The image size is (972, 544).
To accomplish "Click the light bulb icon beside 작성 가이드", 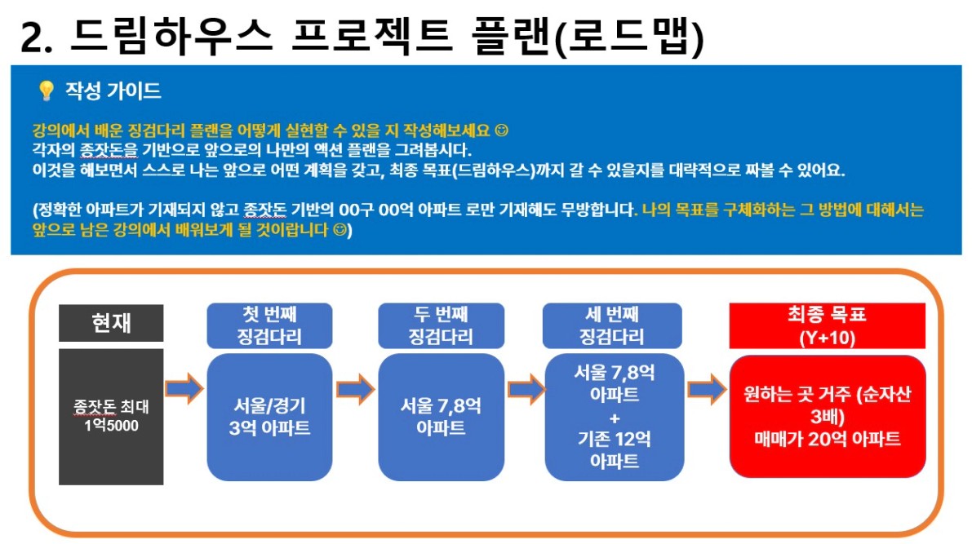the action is click(x=46, y=91).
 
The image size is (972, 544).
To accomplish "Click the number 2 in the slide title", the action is click(x=31, y=38).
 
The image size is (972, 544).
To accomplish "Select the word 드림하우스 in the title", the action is click(x=171, y=36).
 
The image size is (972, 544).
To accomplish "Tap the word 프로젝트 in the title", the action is click(x=371, y=36).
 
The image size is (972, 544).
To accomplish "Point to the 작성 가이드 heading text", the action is click(x=113, y=91).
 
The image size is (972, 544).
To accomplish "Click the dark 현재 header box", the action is click(x=111, y=323).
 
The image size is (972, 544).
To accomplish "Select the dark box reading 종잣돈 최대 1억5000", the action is click(x=111, y=417).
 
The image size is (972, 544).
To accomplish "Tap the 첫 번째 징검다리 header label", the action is click(x=269, y=325).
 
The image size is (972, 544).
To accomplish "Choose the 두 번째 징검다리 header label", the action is click(x=441, y=325).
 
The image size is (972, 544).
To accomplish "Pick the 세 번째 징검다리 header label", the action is click(x=612, y=325).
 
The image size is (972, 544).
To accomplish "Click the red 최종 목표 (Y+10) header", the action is click(x=827, y=326).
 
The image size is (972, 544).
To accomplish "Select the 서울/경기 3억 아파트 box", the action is click(x=269, y=417).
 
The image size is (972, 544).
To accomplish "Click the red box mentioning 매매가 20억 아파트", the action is click(x=828, y=417).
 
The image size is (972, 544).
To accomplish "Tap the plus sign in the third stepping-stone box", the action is click(x=615, y=418).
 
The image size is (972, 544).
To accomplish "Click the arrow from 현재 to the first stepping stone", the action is click(x=184, y=388).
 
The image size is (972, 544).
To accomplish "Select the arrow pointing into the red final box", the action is click(x=707, y=389).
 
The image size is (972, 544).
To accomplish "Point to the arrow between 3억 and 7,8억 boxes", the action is click(x=356, y=388).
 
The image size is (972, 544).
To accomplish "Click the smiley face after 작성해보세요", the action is click(x=501, y=130).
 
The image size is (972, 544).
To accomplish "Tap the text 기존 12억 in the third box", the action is click(x=615, y=439).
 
